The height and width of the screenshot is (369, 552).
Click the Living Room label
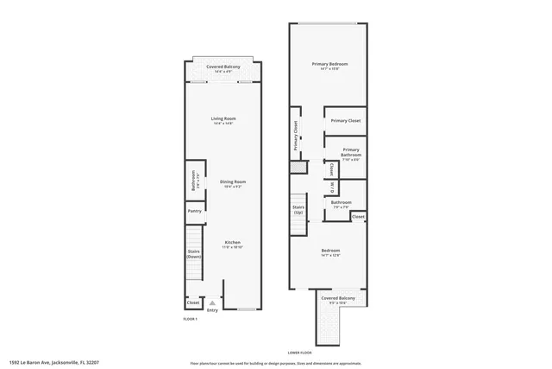pos(224,119)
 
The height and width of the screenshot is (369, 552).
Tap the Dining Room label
pos(233,182)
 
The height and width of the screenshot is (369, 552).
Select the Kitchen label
pos(233,243)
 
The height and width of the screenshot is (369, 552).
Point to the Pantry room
pos(194,211)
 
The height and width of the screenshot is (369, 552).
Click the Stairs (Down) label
pos(194,254)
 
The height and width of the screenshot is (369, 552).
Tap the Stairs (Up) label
pos(298,210)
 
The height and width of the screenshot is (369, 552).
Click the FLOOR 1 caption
pos(191,320)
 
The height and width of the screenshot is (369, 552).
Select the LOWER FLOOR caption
pos(299,353)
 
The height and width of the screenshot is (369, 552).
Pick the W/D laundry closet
pos(332,187)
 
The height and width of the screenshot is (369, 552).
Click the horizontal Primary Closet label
pos(345,121)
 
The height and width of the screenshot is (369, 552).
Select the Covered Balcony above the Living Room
pos(223,67)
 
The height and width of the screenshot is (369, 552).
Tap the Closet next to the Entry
pos(193,302)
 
